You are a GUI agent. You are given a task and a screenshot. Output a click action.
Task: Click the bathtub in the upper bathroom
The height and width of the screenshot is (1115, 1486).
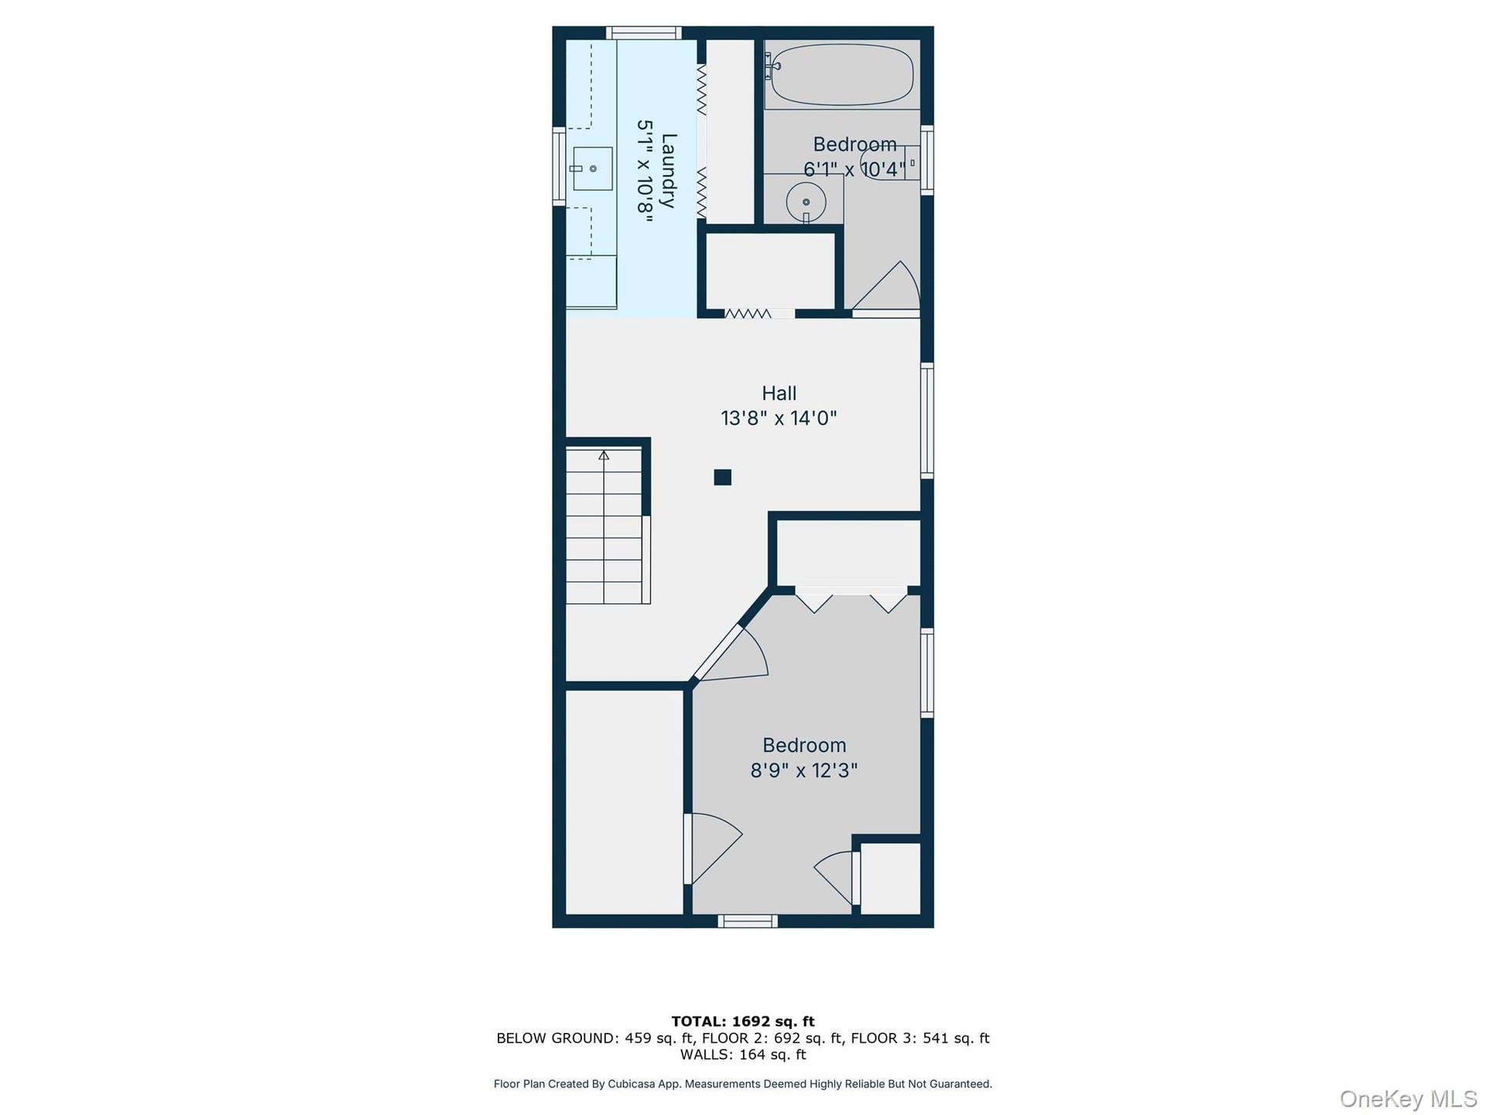pos(842,74)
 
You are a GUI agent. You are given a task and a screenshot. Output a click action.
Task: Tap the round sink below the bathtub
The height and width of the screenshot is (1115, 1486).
pos(806,202)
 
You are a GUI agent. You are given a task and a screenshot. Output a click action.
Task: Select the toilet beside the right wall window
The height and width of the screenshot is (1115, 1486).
pos(890,163)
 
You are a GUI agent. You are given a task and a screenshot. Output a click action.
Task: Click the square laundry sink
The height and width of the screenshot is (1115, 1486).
pos(592,168)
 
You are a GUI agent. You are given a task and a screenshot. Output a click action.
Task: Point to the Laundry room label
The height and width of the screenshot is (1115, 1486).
pos(657,171)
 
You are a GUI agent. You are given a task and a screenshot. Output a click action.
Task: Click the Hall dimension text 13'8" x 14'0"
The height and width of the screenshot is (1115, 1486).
pos(779,419)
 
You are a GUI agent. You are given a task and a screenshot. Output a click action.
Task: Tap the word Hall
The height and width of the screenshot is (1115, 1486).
pos(779,393)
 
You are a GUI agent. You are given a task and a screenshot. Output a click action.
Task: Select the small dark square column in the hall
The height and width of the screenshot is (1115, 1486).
pos(723,477)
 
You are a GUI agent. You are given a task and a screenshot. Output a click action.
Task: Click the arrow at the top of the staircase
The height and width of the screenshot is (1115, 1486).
pos(604,455)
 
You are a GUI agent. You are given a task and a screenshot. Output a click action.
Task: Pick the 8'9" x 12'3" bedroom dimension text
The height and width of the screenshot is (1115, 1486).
pos(804,771)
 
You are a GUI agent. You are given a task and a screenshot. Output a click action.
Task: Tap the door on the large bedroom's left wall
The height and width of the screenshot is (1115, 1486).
pos(713,849)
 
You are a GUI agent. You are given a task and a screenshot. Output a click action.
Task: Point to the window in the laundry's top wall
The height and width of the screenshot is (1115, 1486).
pos(643,33)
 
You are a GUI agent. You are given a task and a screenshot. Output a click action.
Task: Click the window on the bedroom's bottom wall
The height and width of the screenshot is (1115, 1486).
pos(748,921)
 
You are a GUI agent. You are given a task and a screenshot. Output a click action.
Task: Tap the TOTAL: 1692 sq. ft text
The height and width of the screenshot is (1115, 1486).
pos(743,1021)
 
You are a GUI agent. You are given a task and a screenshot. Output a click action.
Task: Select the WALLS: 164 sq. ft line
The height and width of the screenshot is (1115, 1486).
pos(743,1055)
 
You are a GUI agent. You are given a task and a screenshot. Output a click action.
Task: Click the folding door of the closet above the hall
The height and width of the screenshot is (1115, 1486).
pos(748,314)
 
